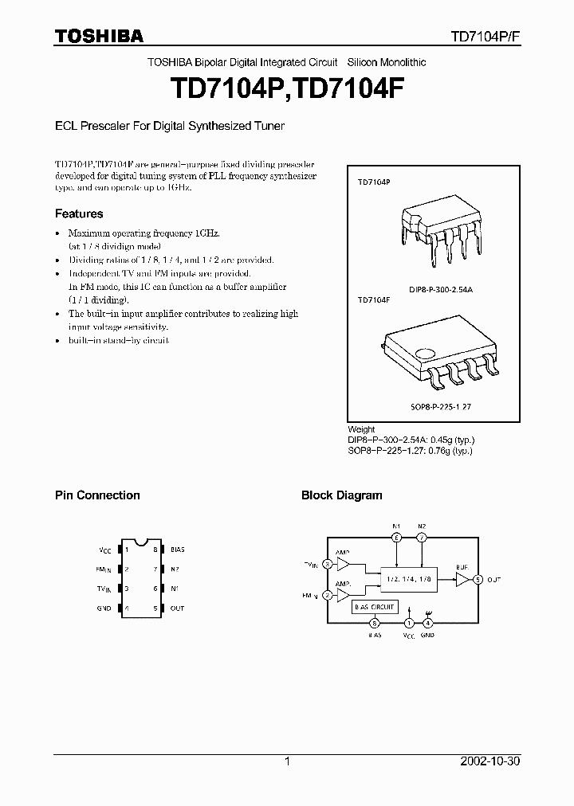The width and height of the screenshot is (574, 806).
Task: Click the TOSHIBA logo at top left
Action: coord(99,36)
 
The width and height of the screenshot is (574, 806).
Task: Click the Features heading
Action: coord(79,213)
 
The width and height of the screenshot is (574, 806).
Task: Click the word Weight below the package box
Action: coord(361,429)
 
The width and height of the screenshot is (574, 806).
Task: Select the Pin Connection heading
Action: coord(97,495)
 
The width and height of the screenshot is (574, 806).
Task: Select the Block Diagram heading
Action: coord(341,495)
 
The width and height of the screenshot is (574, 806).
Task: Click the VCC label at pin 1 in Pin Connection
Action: coord(105,550)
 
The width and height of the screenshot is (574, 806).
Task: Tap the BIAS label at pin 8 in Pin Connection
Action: coord(178,550)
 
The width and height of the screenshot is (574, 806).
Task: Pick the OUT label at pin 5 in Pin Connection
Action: coord(177,608)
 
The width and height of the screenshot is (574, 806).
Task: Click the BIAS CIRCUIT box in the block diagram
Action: coord(375,607)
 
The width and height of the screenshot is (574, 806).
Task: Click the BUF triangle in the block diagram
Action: coord(462,579)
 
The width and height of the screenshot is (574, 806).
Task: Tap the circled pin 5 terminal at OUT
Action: coord(478,579)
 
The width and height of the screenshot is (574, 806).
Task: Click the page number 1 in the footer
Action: coord(287,761)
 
